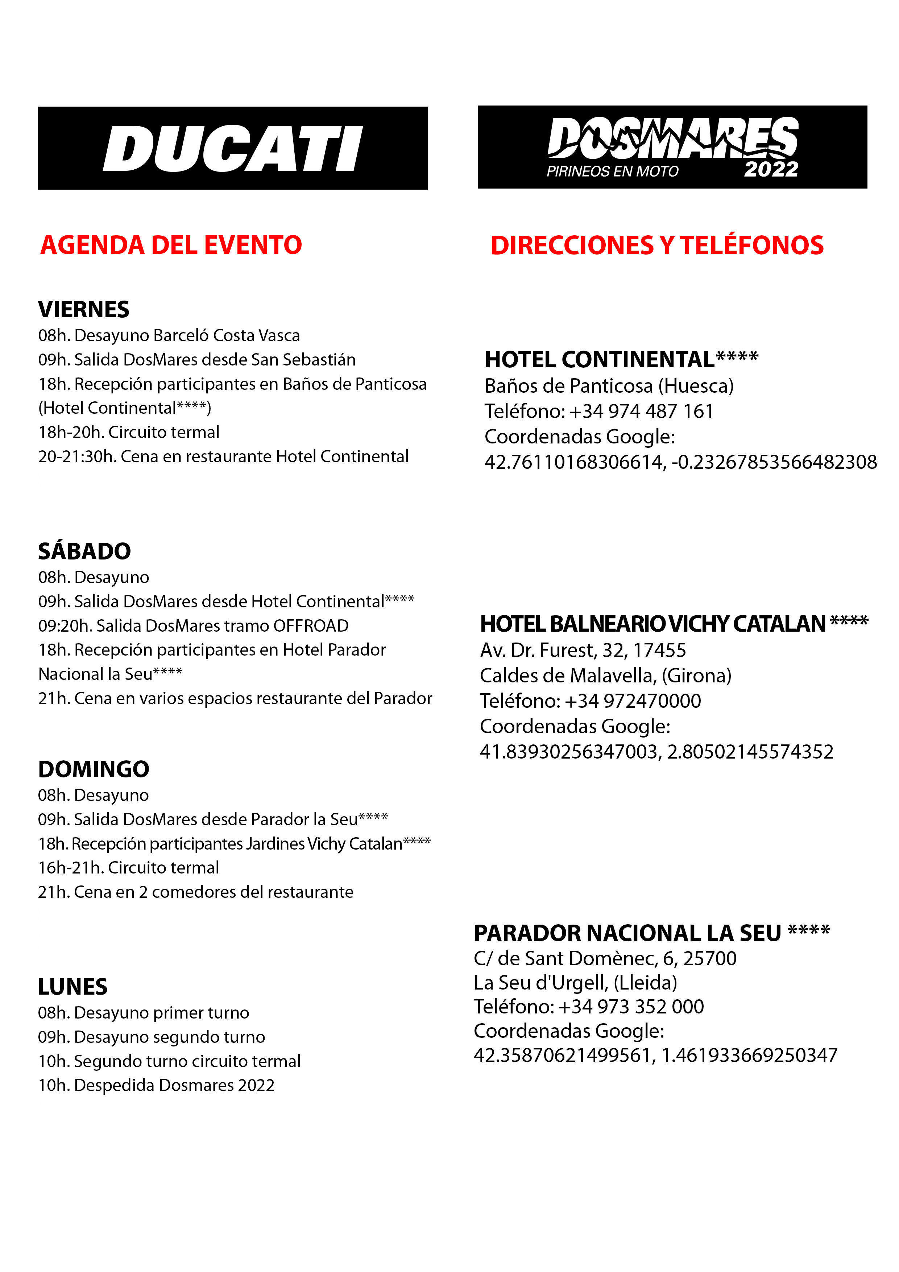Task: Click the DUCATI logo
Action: coord(233,148)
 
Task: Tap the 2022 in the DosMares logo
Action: coord(771,169)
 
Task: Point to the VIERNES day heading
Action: coord(84,309)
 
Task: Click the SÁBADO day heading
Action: coord(84,551)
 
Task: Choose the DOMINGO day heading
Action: coord(94,769)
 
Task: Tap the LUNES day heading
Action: coord(72,987)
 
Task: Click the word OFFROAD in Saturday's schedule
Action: coord(311,625)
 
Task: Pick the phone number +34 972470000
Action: coord(633,701)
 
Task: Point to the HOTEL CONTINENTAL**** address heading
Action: coord(621,360)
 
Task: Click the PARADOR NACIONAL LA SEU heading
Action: coord(651,933)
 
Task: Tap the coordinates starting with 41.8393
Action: coord(656,752)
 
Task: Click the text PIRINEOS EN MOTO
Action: coord(612,171)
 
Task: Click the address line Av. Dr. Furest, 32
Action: coord(583,650)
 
